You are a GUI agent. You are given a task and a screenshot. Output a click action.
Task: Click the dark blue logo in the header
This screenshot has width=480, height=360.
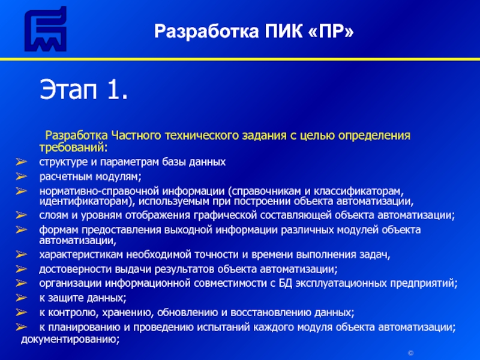46,28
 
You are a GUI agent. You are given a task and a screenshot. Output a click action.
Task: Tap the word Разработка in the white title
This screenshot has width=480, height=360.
206,32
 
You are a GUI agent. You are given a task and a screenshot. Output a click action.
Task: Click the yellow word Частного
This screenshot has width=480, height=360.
136,136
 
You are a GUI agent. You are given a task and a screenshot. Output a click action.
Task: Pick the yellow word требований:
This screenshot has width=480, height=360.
73,148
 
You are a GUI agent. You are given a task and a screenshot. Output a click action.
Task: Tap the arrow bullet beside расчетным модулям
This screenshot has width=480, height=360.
22,176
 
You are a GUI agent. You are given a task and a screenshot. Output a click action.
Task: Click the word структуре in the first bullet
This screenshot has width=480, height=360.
64,162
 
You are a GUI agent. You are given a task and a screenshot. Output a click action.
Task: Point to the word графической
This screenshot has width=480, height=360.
224,215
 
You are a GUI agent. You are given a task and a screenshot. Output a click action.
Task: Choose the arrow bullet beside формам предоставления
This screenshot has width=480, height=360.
22,229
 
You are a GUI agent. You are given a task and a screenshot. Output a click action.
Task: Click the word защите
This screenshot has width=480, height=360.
64,298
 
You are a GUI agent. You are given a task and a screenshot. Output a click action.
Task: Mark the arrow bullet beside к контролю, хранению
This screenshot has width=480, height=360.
22,312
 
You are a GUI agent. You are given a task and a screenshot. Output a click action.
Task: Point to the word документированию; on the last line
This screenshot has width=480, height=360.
70,340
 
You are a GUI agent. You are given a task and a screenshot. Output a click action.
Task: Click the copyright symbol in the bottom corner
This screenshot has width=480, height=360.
411,353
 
